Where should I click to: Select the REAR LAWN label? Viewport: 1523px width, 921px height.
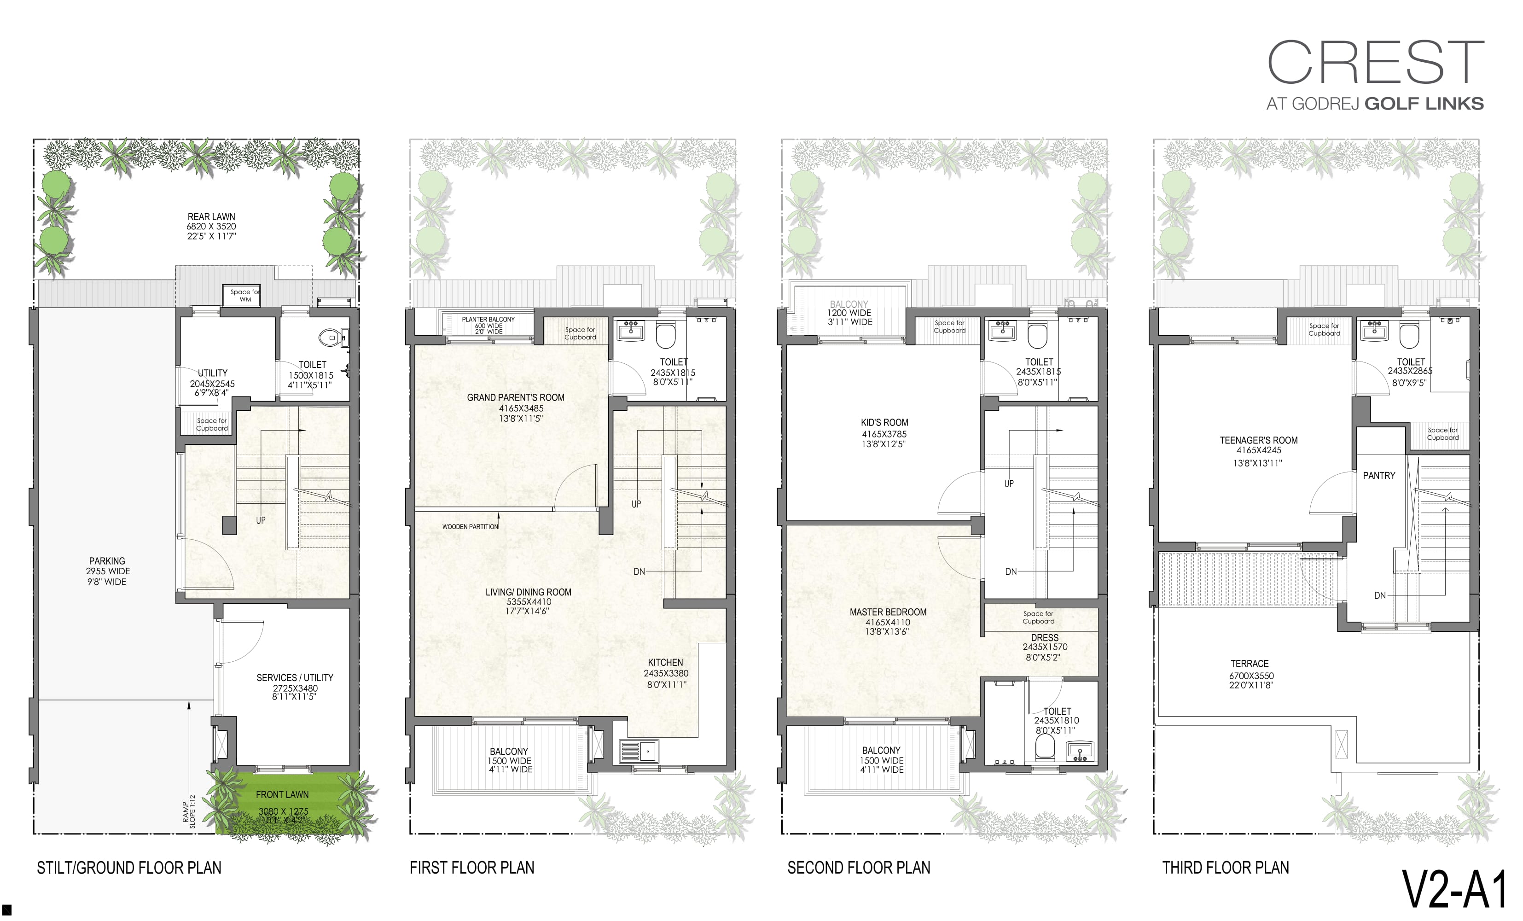211,217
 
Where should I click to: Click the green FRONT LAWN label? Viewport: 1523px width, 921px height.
283,795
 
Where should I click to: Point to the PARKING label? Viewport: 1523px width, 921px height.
107,561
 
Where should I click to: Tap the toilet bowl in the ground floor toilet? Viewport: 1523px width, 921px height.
330,338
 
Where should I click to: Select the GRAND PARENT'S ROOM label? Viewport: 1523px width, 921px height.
516,397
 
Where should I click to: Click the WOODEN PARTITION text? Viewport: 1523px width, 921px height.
470,527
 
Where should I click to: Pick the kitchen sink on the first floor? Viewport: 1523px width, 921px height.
639,751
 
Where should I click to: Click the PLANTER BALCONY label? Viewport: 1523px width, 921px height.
488,320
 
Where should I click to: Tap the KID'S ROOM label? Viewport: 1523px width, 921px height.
884,423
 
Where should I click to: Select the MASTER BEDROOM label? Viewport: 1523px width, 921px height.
888,612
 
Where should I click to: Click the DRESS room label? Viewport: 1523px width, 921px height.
1045,638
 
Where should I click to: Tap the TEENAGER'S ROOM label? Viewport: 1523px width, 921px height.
1258,441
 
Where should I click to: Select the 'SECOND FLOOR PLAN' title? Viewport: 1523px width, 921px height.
859,868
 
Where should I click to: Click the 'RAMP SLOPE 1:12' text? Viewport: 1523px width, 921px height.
188,811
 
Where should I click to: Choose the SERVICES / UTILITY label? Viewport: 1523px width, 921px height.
295,678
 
